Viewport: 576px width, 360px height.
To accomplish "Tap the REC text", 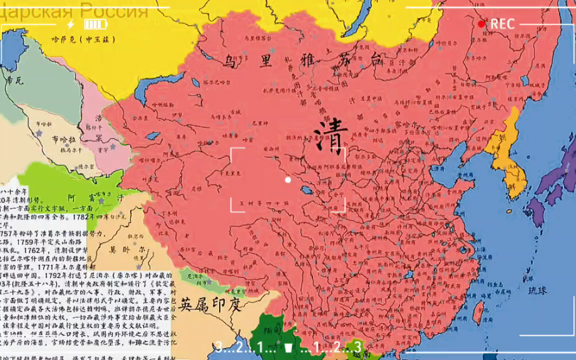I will click(x=502, y=24).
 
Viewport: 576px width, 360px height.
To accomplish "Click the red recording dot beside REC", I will click(x=481, y=24).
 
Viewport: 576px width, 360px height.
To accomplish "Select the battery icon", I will click(x=95, y=24).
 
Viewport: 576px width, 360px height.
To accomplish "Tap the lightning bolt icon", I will click(x=70, y=24).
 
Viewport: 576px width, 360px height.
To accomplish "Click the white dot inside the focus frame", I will click(x=287, y=179).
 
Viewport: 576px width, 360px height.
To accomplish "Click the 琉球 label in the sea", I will click(x=541, y=290).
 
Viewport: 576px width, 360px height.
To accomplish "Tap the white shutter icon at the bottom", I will click(x=288, y=347).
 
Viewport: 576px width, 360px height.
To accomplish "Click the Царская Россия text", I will click(x=75, y=10).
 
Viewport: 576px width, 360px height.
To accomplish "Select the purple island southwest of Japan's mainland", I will click(x=536, y=210).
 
